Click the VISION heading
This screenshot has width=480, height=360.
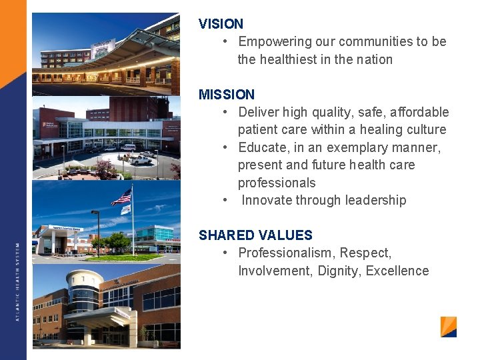221,24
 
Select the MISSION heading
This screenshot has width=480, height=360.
227,95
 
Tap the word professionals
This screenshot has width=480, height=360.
277,183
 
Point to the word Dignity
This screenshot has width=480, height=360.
338,271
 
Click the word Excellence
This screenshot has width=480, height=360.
397,271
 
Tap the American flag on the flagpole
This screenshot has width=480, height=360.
122,197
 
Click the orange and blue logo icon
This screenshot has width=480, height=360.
449,327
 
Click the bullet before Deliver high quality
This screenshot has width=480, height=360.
227,112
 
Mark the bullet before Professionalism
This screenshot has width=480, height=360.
227,253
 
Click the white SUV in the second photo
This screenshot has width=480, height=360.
141,159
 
